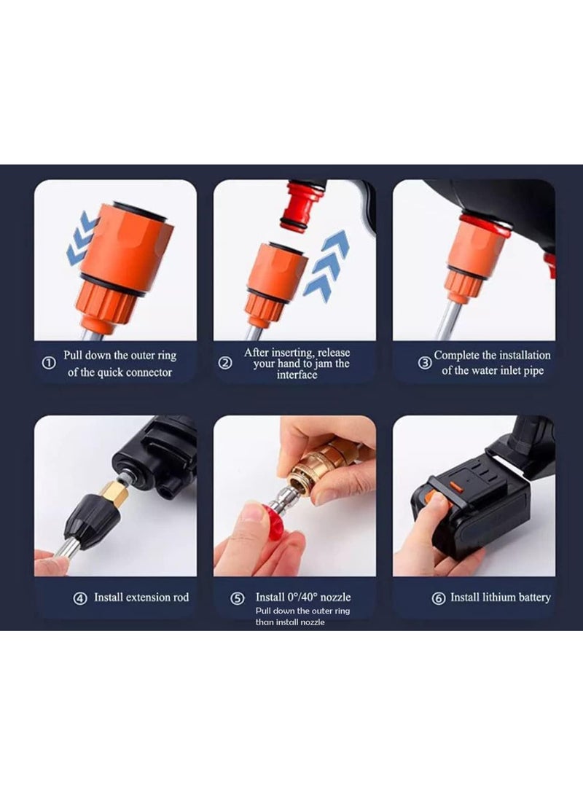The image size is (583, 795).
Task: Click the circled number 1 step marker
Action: [49, 364]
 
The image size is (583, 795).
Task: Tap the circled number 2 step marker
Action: [227, 363]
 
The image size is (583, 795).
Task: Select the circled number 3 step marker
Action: [424, 363]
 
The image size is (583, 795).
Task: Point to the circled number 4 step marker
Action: [80, 598]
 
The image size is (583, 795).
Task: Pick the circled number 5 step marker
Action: [237, 598]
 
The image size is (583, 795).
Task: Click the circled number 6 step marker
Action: [439, 598]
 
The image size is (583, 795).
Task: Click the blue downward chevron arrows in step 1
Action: [82, 239]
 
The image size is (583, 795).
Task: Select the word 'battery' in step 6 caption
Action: [535, 598]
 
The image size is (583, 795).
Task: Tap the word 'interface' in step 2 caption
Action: [297, 375]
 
